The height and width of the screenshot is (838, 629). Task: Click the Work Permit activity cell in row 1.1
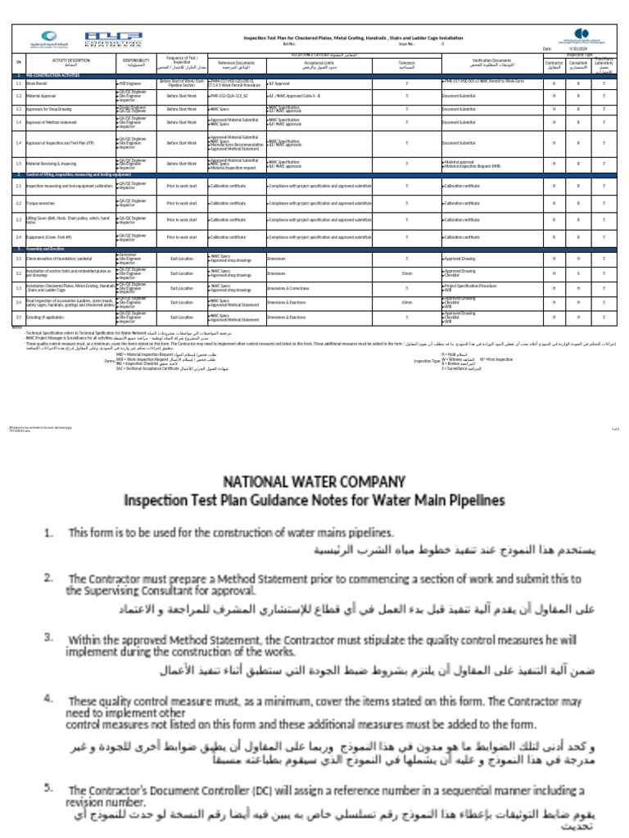tap(49, 83)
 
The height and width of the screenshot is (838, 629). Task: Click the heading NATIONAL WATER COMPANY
tap(314, 480)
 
